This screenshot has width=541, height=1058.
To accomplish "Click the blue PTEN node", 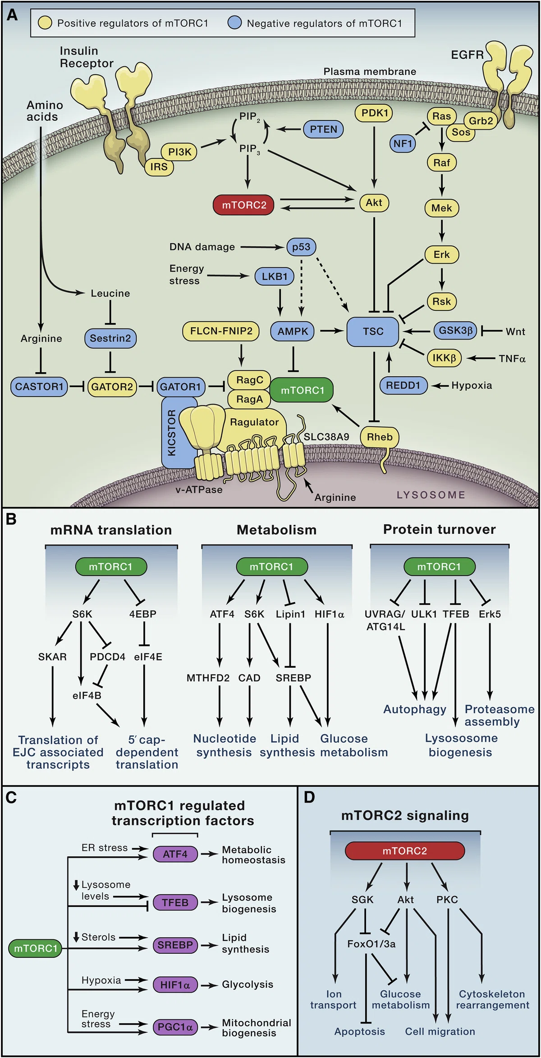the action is click(x=323, y=129).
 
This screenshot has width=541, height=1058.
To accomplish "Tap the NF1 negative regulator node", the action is click(x=403, y=143).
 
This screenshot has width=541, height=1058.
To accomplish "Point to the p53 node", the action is click(x=301, y=247).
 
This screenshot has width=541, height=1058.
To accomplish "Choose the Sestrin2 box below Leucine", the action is click(x=110, y=338).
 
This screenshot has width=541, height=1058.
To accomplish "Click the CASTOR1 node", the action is click(x=39, y=387).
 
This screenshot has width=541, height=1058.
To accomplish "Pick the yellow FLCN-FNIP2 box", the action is click(x=221, y=331).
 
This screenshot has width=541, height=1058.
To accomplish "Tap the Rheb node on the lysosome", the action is click(x=380, y=437).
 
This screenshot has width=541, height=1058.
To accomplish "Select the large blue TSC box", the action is click(x=373, y=332).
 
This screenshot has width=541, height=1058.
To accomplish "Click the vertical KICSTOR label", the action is click(x=172, y=433).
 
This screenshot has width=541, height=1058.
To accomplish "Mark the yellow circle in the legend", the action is click(x=45, y=23).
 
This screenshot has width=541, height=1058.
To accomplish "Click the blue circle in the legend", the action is click(x=234, y=23).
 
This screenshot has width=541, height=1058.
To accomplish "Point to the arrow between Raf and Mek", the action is click(x=442, y=184).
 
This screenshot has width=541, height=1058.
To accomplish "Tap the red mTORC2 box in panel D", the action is click(x=404, y=851).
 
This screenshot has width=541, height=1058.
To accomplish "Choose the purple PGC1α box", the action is click(x=175, y=1027).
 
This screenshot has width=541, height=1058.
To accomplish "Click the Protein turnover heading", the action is click(x=439, y=529).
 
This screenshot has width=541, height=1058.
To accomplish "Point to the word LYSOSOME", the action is click(x=431, y=495).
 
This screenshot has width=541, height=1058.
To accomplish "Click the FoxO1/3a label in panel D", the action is click(x=371, y=944).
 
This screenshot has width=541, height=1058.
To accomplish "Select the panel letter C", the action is click(x=11, y=798).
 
